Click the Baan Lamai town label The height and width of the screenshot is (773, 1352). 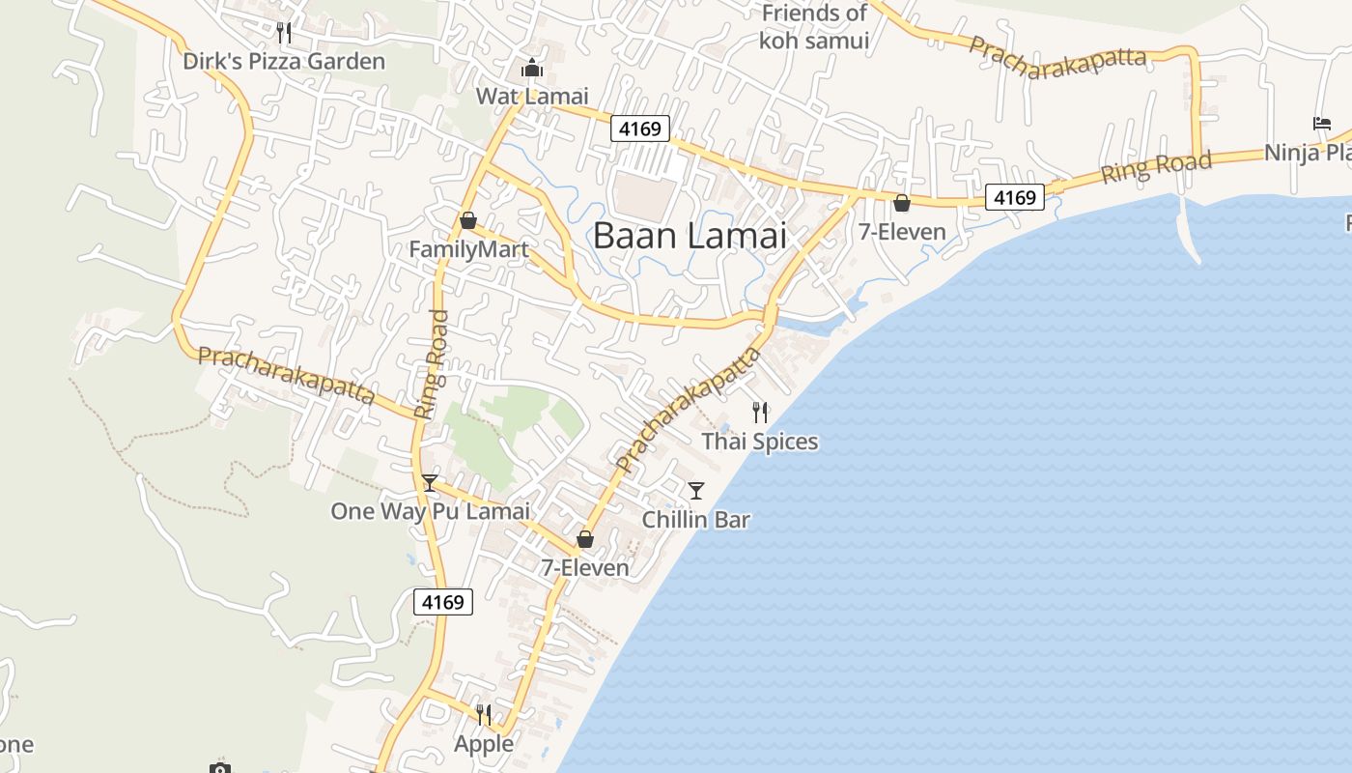pyautogui.click(x=690, y=236)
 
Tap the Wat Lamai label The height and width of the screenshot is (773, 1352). pyautogui.click(x=532, y=96)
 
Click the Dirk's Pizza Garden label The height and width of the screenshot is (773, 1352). pyautogui.click(x=284, y=62)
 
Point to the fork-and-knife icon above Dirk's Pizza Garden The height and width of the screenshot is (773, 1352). pyautogui.click(x=284, y=33)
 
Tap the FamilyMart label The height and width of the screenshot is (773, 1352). pyautogui.click(x=468, y=250)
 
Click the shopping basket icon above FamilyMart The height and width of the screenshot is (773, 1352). pyautogui.click(x=468, y=221)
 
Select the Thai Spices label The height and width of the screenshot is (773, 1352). pyautogui.click(x=760, y=442)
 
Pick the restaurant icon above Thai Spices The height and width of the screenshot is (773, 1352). pyautogui.click(x=760, y=413)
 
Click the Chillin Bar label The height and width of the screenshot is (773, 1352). pyautogui.click(x=696, y=520)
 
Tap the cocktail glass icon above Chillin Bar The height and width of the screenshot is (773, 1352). pyautogui.click(x=696, y=491)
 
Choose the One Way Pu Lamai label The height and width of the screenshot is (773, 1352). pyautogui.click(x=430, y=511)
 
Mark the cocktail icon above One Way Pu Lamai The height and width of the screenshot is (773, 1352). pyautogui.click(x=430, y=483)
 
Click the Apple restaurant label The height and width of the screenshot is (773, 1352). pyautogui.click(x=484, y=744)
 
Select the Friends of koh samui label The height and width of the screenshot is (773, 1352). pyautogui.click(x=814, y=27)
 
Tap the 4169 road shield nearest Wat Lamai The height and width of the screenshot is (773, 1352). pyautogui.click(x=639, y=129)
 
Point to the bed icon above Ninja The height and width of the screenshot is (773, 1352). pyautogui.click(x=1322, y=124)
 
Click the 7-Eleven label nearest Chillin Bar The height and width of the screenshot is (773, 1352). pyautogui.click(x=585, y=567)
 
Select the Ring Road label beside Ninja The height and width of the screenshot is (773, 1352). pyautogui.click(x=1156, y=167)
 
